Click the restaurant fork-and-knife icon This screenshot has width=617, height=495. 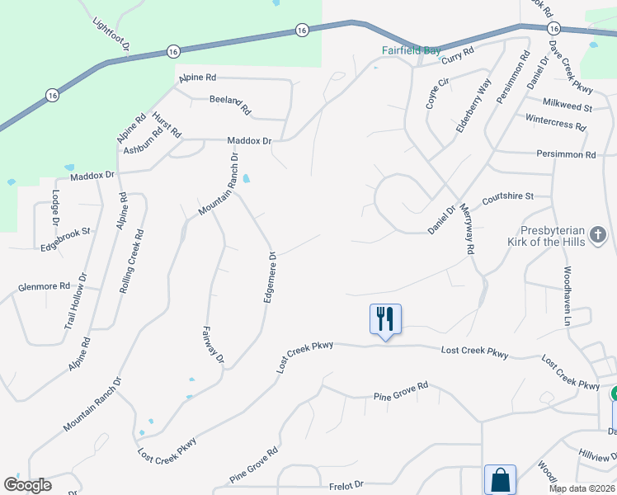(385, 318)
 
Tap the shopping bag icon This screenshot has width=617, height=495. (500, 478)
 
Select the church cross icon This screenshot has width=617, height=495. (598, 238)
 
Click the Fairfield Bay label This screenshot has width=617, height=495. (411, 50)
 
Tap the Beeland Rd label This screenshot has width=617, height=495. (230, 104)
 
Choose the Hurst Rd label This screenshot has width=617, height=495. (167, 125)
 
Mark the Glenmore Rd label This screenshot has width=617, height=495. (44, 286)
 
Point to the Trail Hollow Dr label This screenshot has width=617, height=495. (76, 302)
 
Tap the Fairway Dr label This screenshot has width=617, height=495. (213, 345)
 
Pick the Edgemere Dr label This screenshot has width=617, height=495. (269, 277)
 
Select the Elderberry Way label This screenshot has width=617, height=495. (474, 106)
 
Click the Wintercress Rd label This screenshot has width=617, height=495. (555, 122)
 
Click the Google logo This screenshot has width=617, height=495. (28, 485)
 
